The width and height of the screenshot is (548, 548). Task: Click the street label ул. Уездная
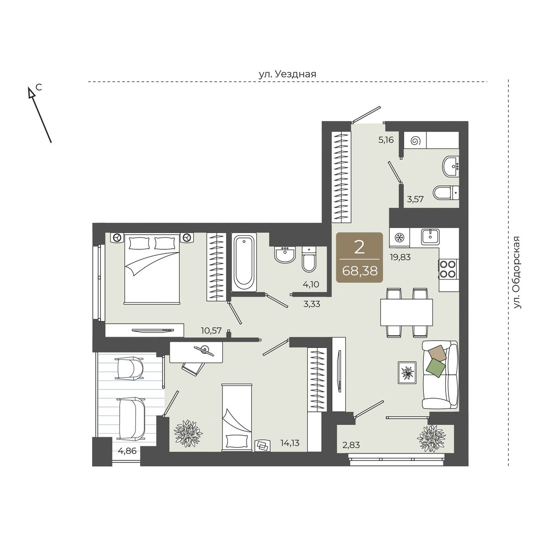[x=288, y=74]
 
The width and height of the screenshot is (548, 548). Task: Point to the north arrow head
[x=30, y=92]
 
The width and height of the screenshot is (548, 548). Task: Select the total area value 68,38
[x=360, y=271]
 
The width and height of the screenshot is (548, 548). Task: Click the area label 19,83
[x=400, y=257]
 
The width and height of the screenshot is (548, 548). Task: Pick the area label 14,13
[x=290, y=443]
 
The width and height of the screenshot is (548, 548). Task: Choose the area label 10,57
[x=211, y=331]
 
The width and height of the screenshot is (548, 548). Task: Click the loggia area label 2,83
[x=351, y=445]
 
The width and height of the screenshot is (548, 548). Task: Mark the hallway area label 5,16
[x=386, y=140]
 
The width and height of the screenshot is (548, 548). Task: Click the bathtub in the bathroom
[x=244, y=262]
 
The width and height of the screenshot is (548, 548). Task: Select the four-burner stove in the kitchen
[x=448, y=269]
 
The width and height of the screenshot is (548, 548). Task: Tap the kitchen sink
[x=430, y=237]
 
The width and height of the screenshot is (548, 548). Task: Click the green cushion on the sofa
[x=436, y=368]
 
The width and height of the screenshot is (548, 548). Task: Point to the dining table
[x=406, y=312]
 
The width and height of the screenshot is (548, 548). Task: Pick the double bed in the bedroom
[x=152, y=269]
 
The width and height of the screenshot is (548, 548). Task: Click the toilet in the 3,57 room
[x=446, y=193]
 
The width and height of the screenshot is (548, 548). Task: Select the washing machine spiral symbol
[x=415, y=141]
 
